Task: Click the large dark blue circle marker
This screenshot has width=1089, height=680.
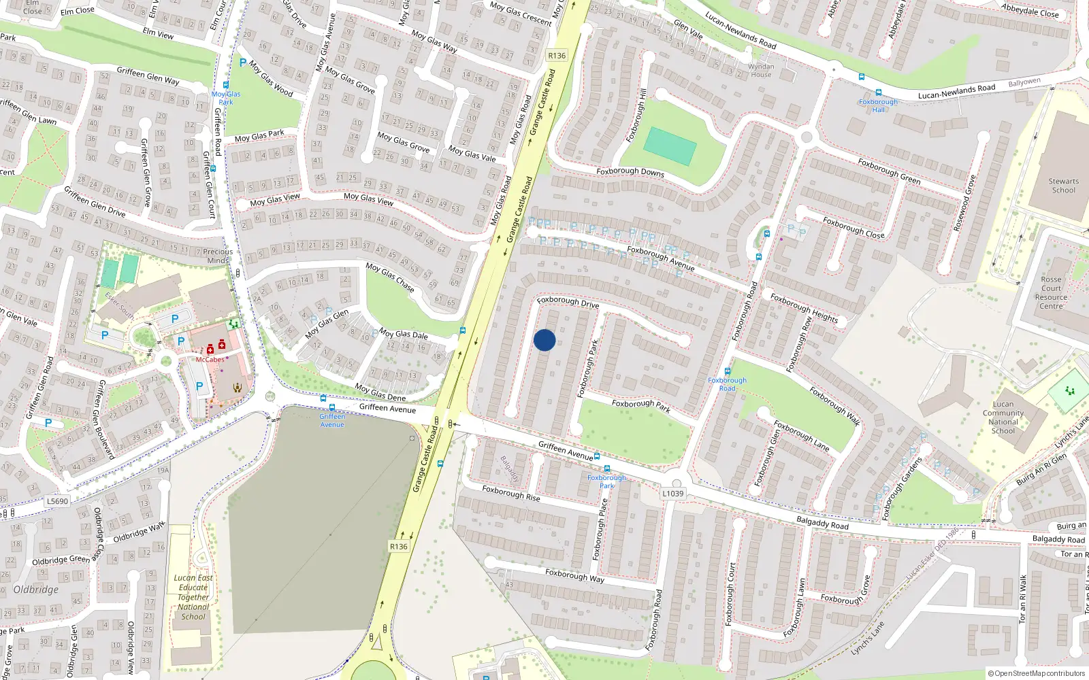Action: (544, 340)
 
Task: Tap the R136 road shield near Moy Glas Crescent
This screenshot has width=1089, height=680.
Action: (557, 56)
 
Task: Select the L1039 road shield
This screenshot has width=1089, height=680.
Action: (672, 494)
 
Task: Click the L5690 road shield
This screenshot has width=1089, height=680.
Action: (57, 501)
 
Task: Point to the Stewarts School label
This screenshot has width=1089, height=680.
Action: (1063, 186)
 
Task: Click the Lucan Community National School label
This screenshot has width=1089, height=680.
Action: (1003, 418)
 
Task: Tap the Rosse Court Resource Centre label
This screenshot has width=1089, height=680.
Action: (1051, 293)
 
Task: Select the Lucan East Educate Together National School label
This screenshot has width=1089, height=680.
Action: (193, 597)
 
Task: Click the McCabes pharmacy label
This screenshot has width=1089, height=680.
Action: (210, 360)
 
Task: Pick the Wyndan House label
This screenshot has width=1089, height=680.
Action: (761, 71)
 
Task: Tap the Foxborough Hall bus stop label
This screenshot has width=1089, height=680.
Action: (878, 105)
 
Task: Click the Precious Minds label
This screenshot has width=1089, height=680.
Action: (218, 256)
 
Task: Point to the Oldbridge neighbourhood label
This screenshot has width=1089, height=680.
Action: (36, 590)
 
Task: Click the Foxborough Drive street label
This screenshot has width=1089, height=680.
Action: (568, 302)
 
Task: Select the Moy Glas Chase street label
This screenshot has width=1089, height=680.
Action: (390, 277)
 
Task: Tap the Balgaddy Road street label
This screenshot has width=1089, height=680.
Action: (822, 524)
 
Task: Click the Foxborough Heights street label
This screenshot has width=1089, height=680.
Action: (804, 307)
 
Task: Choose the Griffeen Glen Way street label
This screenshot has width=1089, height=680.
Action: (148, 75)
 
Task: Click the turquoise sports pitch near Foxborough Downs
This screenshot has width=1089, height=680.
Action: (670, 146)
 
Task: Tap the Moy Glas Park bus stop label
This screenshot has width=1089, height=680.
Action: (226, 98)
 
